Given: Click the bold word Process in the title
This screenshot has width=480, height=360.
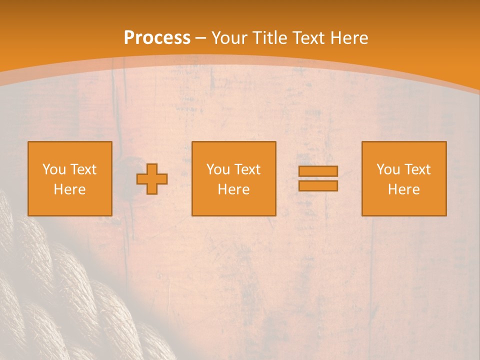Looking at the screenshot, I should (157, 38).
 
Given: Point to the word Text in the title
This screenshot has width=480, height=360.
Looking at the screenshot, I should (309, 38).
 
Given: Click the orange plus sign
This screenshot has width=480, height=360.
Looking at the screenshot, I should (152, 179).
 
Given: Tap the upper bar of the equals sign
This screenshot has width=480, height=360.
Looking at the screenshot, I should (318, 171).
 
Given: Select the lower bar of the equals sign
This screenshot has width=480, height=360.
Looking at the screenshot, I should (318, 186).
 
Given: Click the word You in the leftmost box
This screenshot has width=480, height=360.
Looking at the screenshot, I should (54, 169).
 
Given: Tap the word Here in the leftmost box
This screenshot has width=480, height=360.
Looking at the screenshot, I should (69, 189).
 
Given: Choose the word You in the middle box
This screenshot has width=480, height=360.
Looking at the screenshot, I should (218, 169).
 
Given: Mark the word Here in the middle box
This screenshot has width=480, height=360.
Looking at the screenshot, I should (233, 189).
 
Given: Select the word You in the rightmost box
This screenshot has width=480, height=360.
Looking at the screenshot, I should (388, 169).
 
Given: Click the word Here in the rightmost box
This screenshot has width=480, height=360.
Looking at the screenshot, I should (403, 189).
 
